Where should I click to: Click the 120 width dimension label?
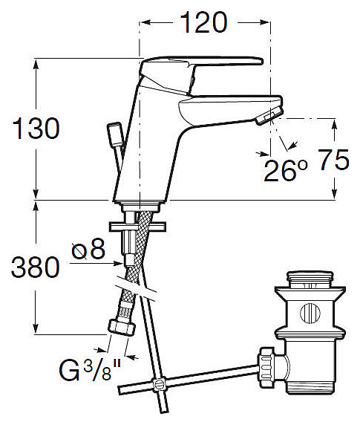tap(203, 22)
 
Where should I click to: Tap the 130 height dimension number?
tap(36, 129)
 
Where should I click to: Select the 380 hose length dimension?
tap(35, 267)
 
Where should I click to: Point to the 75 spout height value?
tap(333, 160)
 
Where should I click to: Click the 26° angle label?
tap(286, 170)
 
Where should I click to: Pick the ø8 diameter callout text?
tap(88, 249)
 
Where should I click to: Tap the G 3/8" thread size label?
tap(90, 371)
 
